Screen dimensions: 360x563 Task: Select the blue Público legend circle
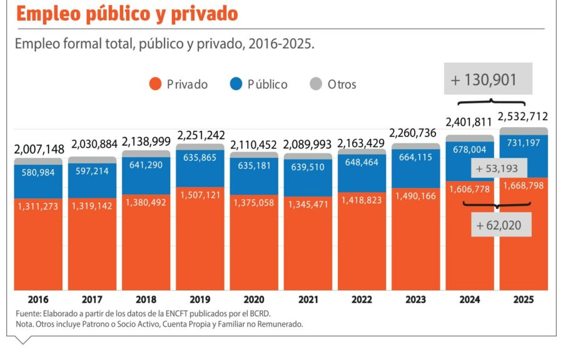(x=236, y=84)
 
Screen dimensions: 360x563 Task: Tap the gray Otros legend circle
(x=317, y=84)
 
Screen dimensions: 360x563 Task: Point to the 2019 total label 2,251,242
(x=201, y=136)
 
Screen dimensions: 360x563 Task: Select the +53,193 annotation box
(x=500, y=168)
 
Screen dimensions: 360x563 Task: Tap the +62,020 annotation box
(x=502, y=224)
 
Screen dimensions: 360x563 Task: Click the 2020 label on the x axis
(x=254, y=300)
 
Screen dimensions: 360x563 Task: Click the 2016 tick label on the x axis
(x=38, y=300)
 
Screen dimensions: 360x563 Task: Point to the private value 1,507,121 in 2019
(x=200, y=195)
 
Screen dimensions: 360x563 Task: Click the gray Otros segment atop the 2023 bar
(x=416, y=147)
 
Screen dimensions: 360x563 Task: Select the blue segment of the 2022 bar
(x=362, y=172)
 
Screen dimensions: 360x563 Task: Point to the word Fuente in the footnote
(x=28, y=313)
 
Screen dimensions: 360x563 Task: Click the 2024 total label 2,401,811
(x=470, y=121)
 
